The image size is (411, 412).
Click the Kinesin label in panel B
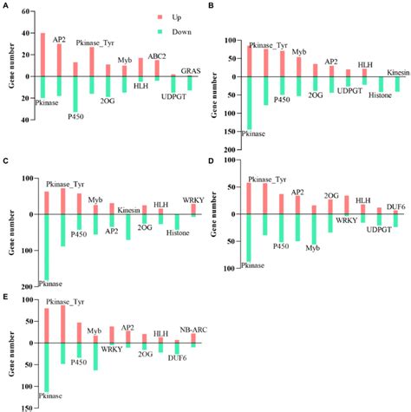tap(397, 71)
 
